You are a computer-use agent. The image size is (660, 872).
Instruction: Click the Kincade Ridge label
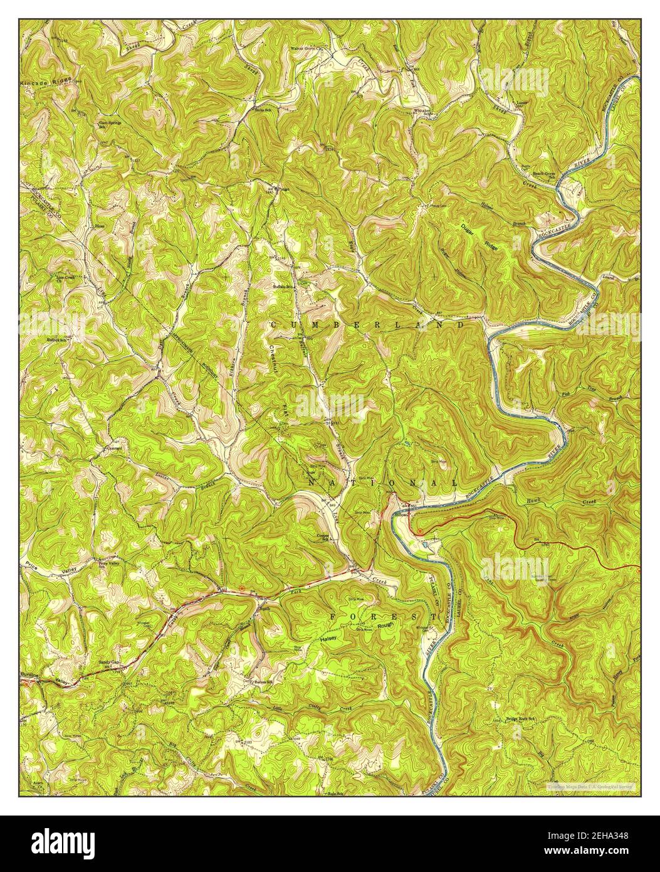point(45,82)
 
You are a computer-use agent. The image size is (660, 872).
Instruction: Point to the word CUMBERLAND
point(368,325)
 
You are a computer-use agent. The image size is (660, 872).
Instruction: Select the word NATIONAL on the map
point(383,482)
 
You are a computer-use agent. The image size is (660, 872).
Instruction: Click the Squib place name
point(264,608)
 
